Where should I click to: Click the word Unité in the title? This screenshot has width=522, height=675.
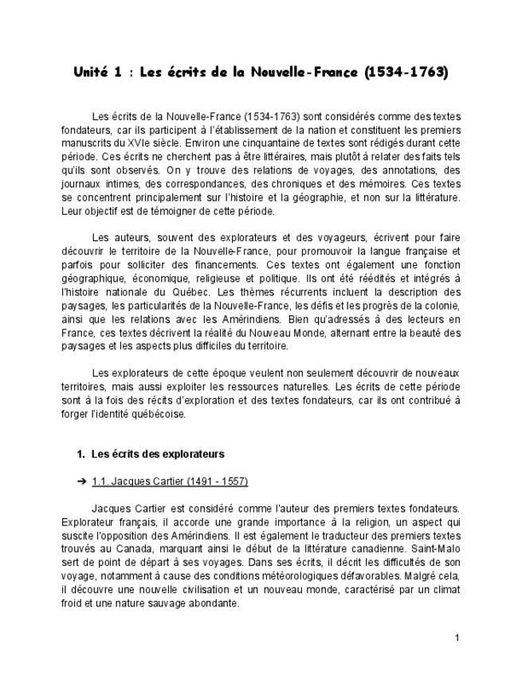[x=90, y=72]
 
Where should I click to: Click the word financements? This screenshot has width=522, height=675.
[x=227, y=264]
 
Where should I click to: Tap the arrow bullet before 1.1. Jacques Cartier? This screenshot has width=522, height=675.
[x=81, y=482]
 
